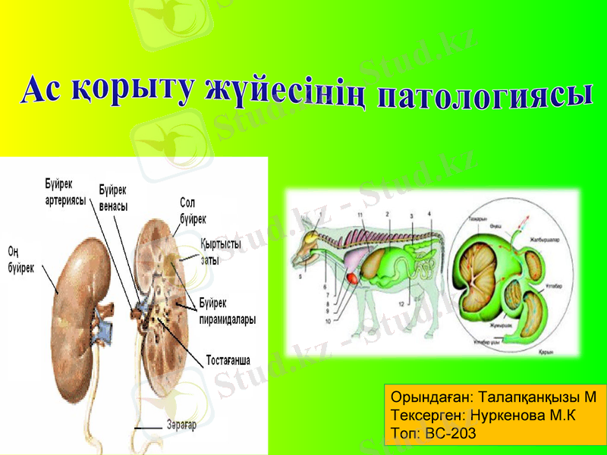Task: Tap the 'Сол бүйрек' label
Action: pos(193,211)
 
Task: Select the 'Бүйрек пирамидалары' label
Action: pos(227,312)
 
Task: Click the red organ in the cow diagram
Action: pos(354,278)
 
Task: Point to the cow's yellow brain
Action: pos(311,237)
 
